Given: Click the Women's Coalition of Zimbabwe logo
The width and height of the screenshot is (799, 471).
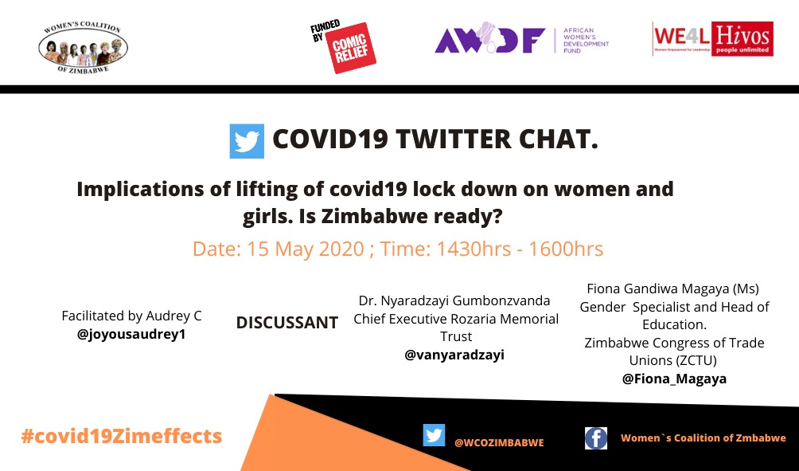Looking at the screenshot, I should [83, 47].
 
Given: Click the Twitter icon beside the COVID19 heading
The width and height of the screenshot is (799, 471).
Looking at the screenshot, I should [247, 141].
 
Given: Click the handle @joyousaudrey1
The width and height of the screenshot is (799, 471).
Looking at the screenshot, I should [131, 334].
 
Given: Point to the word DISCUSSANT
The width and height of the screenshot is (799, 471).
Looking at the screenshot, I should [287, 323].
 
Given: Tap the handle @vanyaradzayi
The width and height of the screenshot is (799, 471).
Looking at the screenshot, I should [454, 355].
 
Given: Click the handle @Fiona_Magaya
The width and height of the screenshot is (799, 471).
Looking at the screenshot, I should [674, 379].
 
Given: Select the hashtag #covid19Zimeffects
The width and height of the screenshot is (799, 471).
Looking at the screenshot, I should [122, 437].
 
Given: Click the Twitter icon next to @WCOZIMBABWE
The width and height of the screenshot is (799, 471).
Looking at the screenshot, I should [434, 435].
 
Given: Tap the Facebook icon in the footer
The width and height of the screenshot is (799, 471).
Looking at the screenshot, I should [596, 438].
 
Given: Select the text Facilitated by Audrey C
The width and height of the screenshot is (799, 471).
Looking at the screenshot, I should [131, 316].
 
